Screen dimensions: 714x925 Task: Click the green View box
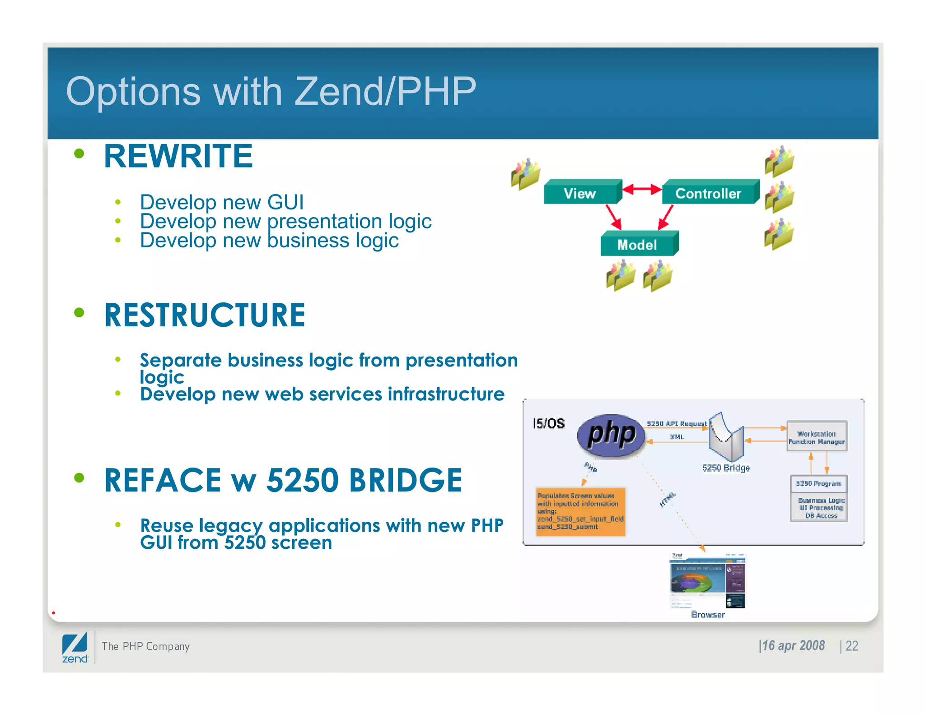click(580, 194)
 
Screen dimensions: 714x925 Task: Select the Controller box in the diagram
click(708, 194)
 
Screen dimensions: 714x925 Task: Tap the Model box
click(637, 245)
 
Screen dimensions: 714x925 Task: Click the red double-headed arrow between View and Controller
click(642, 189)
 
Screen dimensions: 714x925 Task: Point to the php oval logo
click(611, 435)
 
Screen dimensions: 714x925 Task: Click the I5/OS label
click(548, 423)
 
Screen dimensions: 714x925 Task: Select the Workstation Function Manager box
click(816, 437)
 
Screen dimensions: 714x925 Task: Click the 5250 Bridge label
click(726, 468)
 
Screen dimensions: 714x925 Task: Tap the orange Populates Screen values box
click(580, 511)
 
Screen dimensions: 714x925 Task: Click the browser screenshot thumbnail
click(707, 581)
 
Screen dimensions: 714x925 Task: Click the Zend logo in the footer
click(75, 647)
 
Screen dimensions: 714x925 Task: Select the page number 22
click(851, 646)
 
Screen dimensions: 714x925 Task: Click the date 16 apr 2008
click(793, 646)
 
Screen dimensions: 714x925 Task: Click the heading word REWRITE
click(178, 156)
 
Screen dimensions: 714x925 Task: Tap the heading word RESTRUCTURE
click(205, 315)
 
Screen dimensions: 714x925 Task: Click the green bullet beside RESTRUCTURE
click(79, 312)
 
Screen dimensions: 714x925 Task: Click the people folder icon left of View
click(525, 174)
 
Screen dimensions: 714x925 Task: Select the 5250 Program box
click(818, 484)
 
